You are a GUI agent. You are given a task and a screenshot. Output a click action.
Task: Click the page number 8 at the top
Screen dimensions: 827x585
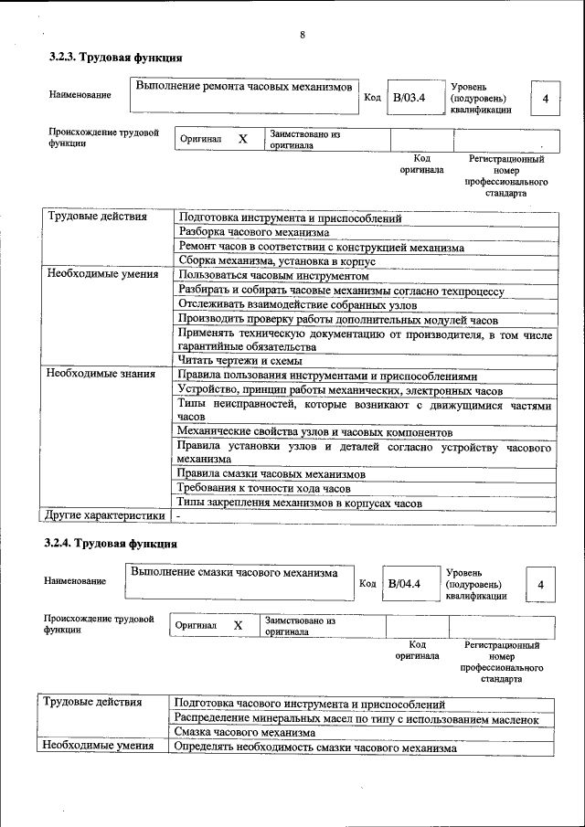(302, 36)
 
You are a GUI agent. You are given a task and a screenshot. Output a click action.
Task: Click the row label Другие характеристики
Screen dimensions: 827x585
(105, 516)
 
